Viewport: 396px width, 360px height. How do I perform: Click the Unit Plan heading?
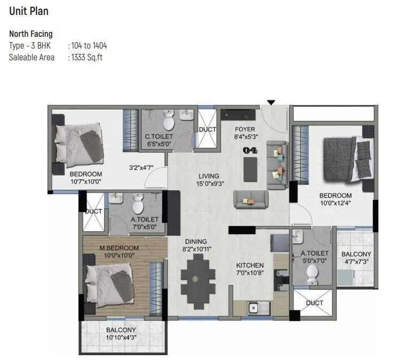[27, 10]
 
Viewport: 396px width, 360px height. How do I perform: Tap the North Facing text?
[30, 34]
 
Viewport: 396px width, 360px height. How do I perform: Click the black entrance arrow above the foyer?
[271, 102]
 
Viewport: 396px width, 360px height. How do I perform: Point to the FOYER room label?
[245, 130]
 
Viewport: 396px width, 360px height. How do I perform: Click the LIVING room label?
[209, 177]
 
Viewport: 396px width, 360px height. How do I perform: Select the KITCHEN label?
[250, 265]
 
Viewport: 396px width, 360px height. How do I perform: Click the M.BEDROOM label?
[111, 248]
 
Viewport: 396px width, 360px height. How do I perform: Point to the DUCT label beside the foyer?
[207, 130]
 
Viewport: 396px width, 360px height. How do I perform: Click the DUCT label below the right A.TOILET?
[314, 303]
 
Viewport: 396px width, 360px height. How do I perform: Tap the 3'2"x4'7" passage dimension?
[141, 168]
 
